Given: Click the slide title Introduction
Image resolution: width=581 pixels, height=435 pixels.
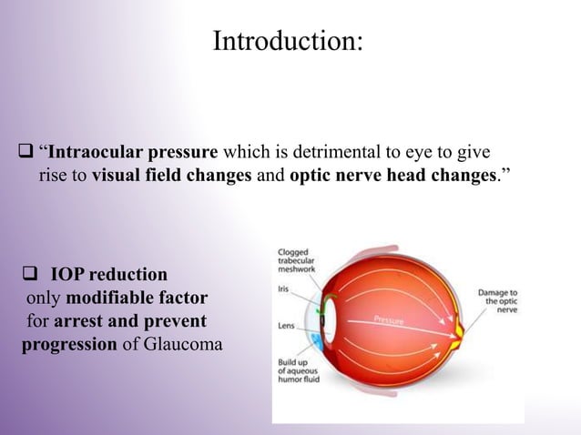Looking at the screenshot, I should point(287,41).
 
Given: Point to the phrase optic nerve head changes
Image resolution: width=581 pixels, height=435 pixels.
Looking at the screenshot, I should point(393,175).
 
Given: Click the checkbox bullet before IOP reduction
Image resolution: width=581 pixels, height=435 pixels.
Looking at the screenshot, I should point(29,274).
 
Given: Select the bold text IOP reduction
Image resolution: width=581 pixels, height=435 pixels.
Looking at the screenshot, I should point(108,274).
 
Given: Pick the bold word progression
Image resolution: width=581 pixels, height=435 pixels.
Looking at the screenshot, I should point(67,345).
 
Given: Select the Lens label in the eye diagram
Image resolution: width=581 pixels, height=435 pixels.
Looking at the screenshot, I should point(285,325).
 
